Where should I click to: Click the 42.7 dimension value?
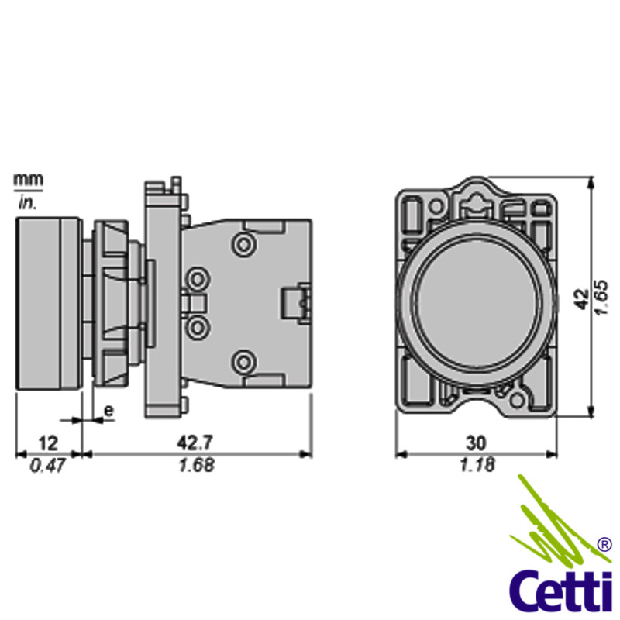point(195,443)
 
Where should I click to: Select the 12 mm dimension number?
point(48,443)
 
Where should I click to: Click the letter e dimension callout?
point(108,409)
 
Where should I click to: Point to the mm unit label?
point(28,180)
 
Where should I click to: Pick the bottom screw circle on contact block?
point(245,360)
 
